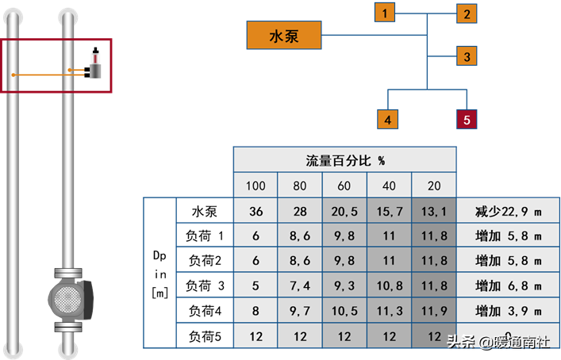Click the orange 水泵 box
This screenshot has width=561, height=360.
(284, 36)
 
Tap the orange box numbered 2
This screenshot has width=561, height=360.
(467, 13)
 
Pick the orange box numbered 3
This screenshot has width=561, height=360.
(467, 56)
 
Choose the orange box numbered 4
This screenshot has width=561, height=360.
(386, 120)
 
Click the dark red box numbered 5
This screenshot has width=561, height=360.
(467, 120)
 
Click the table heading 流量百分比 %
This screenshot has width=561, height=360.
(345, 160)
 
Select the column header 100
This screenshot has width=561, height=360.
(256, 186)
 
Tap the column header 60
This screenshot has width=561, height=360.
(345, 186)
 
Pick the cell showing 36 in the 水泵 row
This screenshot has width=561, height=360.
(256, 212)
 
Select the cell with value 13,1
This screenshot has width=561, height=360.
(434, 212)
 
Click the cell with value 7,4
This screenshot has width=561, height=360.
(300, 285)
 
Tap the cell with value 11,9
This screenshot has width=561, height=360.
(434, 311)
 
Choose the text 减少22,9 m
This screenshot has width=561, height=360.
(508, 212)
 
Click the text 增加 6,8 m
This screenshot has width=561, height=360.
(508, 285)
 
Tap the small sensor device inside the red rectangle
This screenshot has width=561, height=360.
(95, 70)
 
